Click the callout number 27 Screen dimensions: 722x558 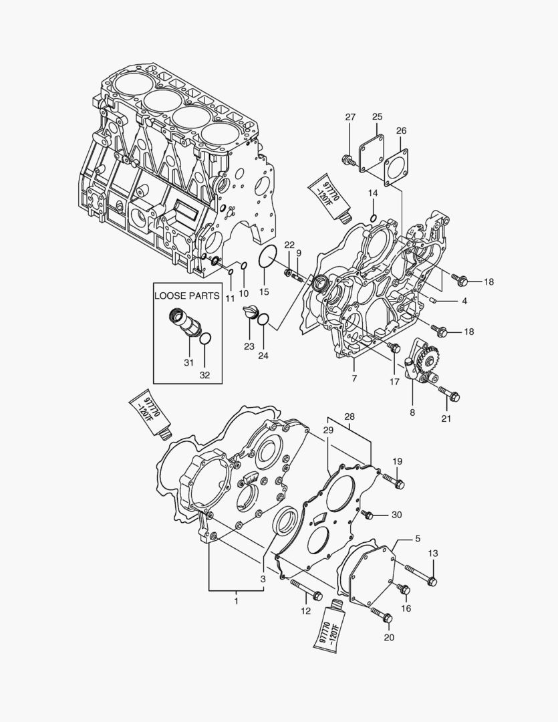(350, 118)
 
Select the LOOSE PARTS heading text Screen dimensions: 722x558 (186, 295)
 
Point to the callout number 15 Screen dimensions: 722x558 (264, 291)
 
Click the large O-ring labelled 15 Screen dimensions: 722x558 (268, 257)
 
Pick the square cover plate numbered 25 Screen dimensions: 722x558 (370, 153)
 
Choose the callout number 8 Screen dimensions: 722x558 (412, 412)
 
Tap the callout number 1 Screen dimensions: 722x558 (235, 602)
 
